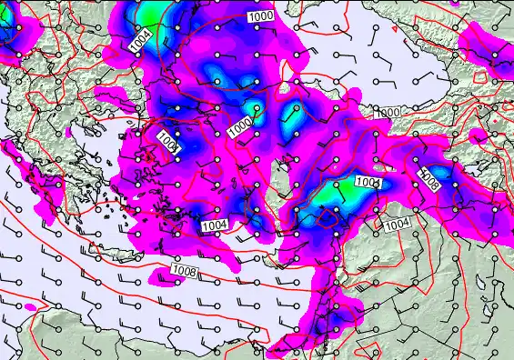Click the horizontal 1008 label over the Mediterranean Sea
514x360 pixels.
[x=184, y=270]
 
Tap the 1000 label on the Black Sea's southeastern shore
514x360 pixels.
[x=386, y=112]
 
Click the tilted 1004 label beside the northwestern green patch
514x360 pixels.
[x=139, y=41]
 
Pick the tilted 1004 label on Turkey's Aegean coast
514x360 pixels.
[x=171, y=142]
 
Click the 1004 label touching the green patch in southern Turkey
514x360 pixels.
[x=368, y=183]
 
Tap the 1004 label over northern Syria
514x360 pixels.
[x=397, y=224]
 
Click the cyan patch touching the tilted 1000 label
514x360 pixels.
[x=256, y=115]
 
